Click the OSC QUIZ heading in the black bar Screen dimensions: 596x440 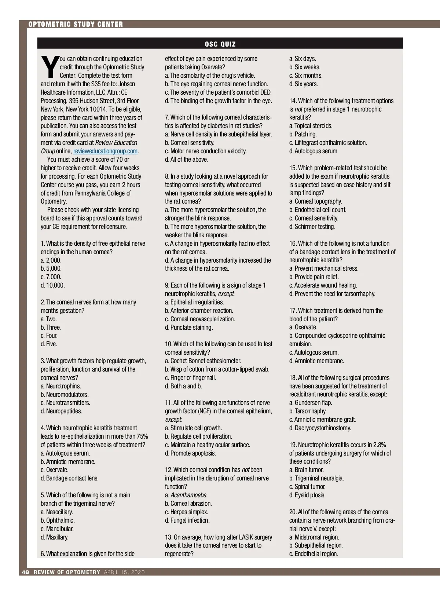coord(220,44)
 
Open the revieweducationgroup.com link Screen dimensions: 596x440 coord(105,151)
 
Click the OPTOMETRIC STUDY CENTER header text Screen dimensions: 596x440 coord(76,25)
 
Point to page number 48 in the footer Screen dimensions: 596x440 coord(25,573)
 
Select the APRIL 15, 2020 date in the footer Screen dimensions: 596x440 coord(124,573)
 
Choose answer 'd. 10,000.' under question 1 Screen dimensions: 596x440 coord(53,285)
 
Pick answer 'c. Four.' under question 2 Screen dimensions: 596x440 coord(49,336)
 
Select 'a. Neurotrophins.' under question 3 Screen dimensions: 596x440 coord(61,386)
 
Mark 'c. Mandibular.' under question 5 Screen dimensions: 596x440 coord(57,529)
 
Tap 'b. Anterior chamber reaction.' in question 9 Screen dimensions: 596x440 coord(199,311)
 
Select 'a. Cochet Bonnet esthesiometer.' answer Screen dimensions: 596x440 coord(203,361)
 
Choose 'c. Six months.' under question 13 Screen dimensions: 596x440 coord(306,76)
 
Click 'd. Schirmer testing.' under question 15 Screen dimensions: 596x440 coord(312,227)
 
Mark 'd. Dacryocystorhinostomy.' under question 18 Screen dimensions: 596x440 coord(320,428)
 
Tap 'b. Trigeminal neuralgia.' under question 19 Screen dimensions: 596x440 coord(316,478)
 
